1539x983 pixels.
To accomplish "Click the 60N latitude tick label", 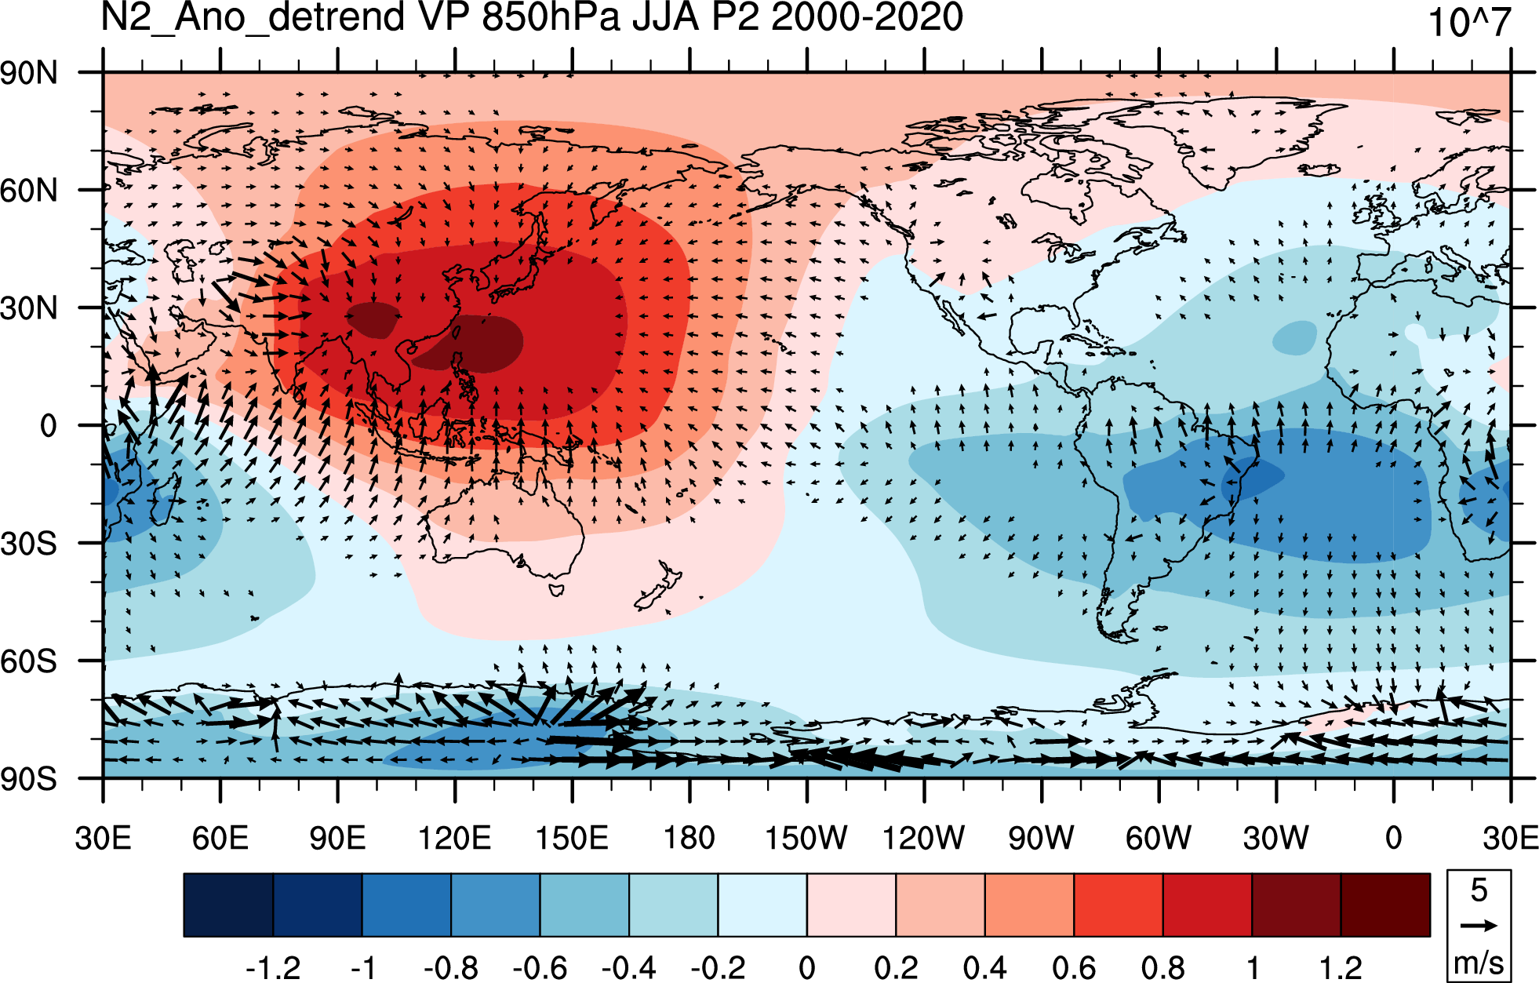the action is (x=29, y=191).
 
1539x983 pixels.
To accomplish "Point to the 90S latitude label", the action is (x=29, y=779).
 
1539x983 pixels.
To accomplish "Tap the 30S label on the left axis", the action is (x=29, y=544).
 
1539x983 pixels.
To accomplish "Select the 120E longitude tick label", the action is (x=454, y=838).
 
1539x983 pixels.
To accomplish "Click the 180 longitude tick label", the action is (x=689, y=838).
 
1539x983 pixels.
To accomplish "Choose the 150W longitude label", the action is (x=806, y=838).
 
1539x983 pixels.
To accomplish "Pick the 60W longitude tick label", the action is (x=1159, y=838).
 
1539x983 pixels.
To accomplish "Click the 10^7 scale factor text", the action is (x=1469, y=22).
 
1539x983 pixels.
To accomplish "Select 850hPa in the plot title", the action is (x=551, y=16).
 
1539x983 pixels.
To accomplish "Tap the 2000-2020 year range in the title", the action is (x=867, y=16).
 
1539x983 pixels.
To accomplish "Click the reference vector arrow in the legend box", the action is (x=1479, y=926).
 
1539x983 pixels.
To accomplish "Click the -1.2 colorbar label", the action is (x=273, y=967).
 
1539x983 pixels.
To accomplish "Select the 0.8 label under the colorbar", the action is (x=1163, y=967).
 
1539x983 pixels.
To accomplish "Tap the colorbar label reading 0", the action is (x=807, y=967).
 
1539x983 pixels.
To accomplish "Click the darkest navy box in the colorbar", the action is (x=228, y=905).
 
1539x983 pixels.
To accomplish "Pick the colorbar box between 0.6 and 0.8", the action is (x=1119, y=905).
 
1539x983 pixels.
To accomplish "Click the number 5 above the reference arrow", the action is (x=1479, y=890).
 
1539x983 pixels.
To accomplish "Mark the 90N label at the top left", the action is (x=29, y=73).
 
